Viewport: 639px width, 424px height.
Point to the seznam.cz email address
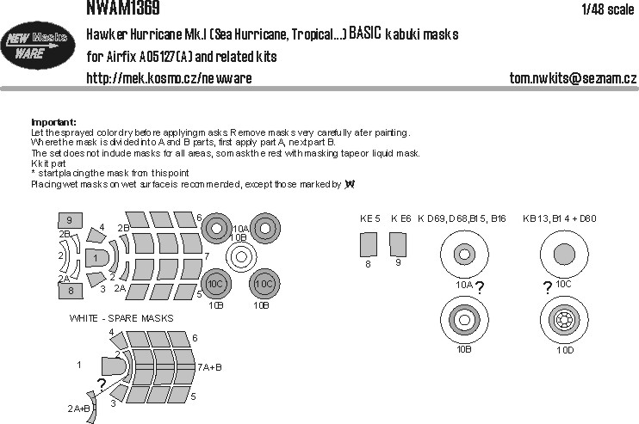pos(573,78)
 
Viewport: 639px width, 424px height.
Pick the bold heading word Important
pos(53,122)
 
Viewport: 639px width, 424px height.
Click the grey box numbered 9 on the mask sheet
pos(69,220)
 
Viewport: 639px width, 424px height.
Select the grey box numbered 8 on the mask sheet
pos(69,292)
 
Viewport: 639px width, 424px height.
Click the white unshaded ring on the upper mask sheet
pos(242,255)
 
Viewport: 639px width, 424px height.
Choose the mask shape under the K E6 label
pos(397,246)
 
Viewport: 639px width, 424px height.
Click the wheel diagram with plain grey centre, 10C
pos(563,253)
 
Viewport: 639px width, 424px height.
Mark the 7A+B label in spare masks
pos(209,366)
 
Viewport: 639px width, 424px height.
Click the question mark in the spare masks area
pos(102,384)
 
